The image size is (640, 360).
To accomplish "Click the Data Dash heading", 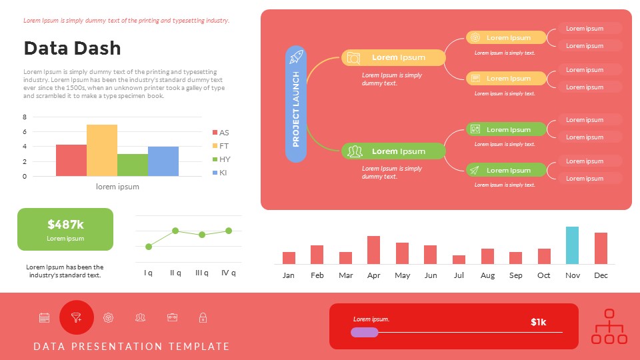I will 72,48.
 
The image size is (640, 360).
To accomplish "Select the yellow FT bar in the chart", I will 102,150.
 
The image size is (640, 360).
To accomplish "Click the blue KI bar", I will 163,161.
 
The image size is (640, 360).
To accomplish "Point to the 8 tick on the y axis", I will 25,117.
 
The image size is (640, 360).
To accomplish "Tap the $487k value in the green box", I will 65,225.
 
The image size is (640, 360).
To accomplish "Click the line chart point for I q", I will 149,247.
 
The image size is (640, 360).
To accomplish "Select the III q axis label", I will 201,273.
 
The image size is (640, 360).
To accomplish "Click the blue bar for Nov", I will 572,245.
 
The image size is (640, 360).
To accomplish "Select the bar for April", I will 373,250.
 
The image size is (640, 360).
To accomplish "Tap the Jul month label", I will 459,275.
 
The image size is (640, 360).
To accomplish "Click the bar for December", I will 601,248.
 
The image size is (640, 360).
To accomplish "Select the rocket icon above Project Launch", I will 296,57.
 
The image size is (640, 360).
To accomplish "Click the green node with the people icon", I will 393,151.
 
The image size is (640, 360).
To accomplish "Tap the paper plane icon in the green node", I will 475,171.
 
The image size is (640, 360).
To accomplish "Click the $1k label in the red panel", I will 538,322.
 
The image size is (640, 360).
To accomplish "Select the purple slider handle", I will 365,332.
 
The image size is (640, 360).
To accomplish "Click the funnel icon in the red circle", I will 77,318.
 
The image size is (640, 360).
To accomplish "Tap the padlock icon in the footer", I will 203,318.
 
